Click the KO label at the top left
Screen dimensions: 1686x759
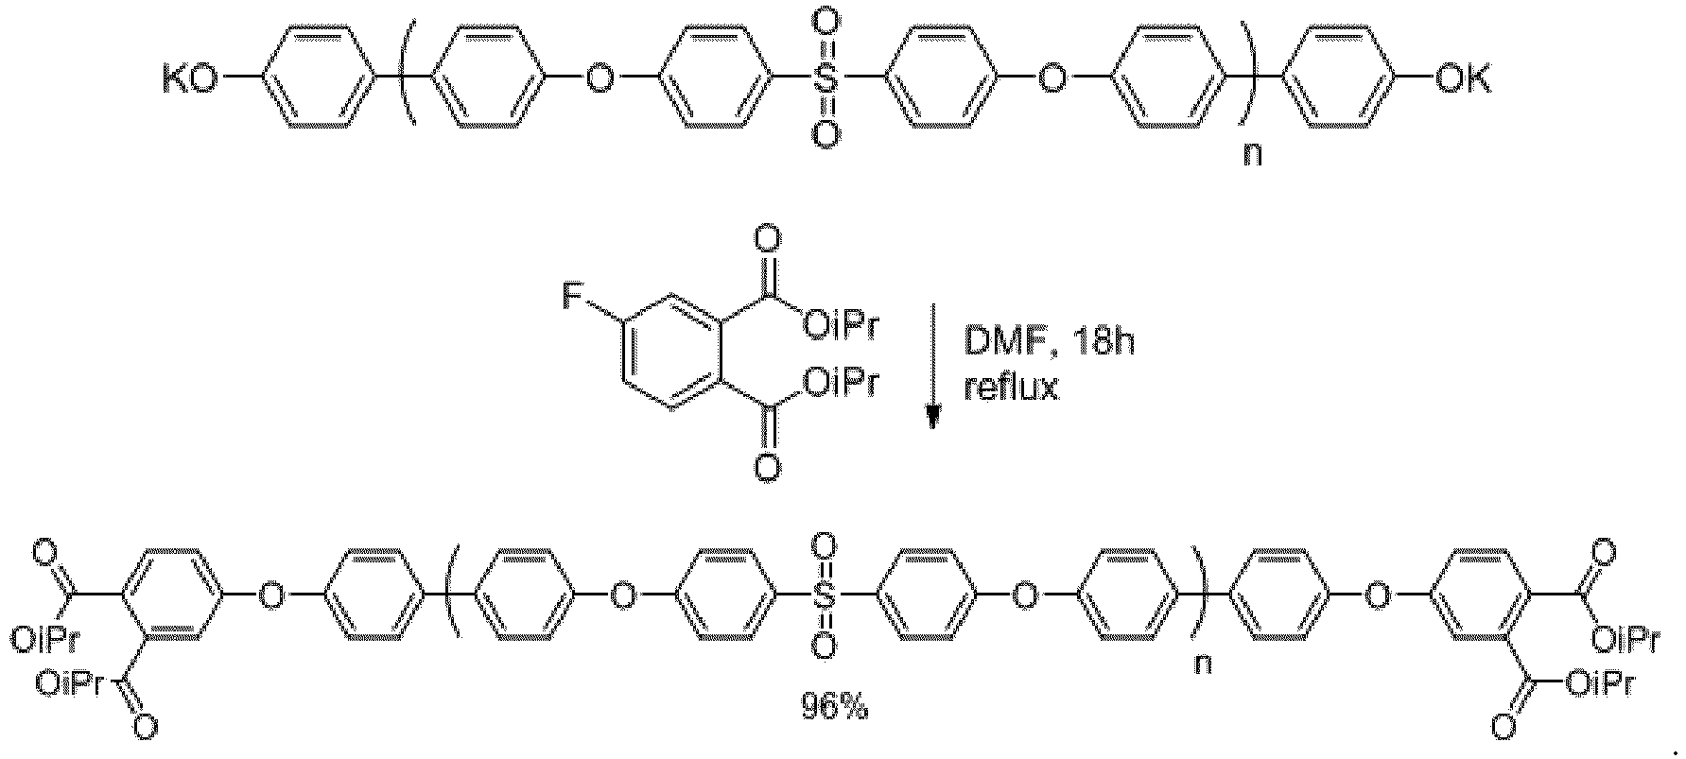pyautogui.click(x=188, y=80)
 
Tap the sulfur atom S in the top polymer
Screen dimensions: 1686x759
pyautogui.click(x=826, y=80)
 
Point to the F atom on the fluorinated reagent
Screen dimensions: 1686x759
pyautogui.click(x=575, y=300)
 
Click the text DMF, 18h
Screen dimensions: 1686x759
pyautogui.click(x=1049, y=342)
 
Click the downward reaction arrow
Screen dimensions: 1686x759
pyautogui.click(x=932, y=366)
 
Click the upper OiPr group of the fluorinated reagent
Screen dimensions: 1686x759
pyautogui.click(x=841, y=328)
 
